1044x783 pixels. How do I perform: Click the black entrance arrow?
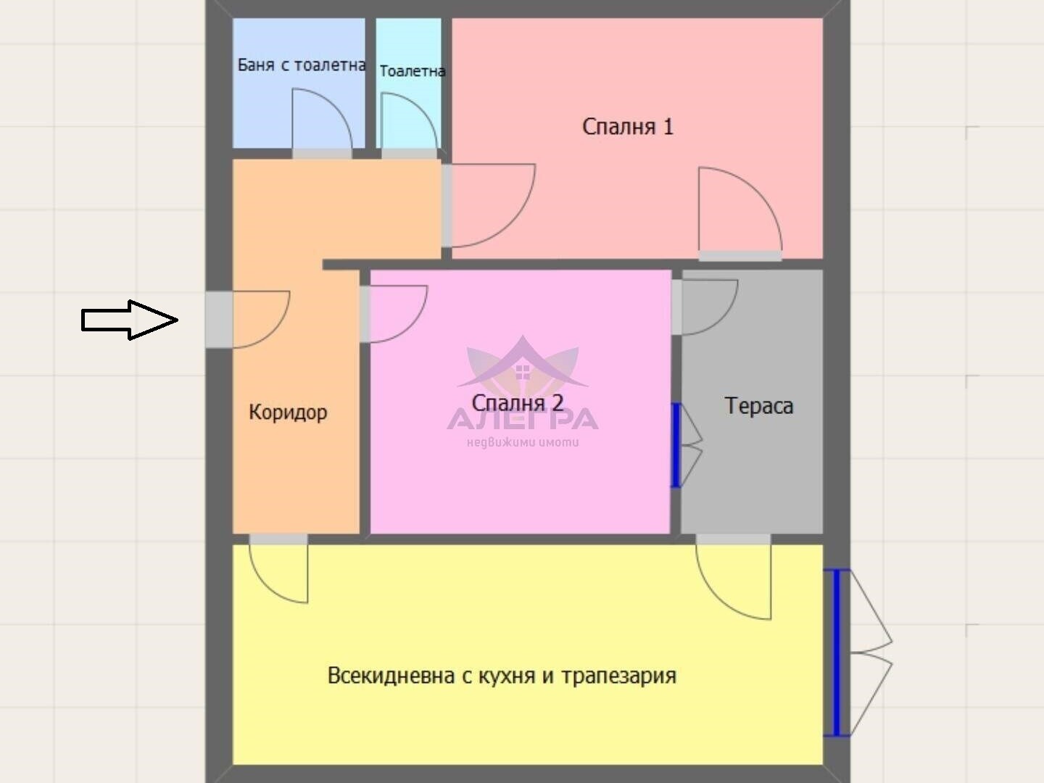click(x=129, y=320)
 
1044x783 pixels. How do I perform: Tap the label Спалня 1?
click(x=628, y=127)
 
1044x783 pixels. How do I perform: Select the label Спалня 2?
click(x=517, y=402)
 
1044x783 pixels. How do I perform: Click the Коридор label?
click(x=288, y=413)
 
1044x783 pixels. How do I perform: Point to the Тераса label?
click(x=758, y=406)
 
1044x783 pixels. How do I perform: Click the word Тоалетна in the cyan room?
click(x=412, y=71)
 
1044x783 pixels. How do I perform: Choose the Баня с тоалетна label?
click(x=301, y=65)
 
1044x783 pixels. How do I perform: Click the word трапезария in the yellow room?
click(x=619, y=676)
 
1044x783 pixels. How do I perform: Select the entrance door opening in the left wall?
click(x=219, y=320)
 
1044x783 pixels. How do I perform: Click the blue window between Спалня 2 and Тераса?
click(x=676, y=445)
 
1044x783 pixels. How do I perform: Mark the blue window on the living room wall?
click(x=836, y=653)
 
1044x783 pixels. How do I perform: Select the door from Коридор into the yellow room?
click(x=280, y=570)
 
